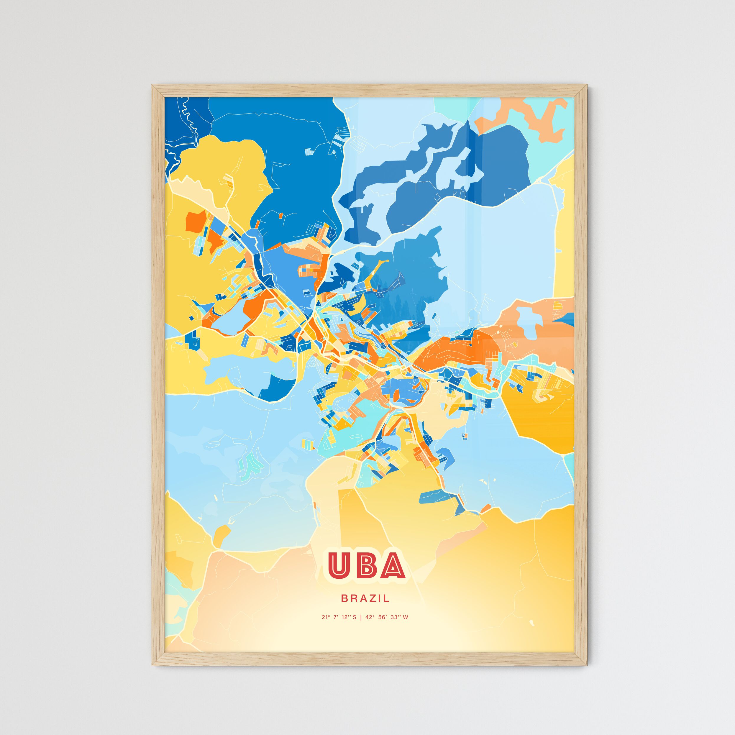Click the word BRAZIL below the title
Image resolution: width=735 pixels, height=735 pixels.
tap(365, 598)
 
